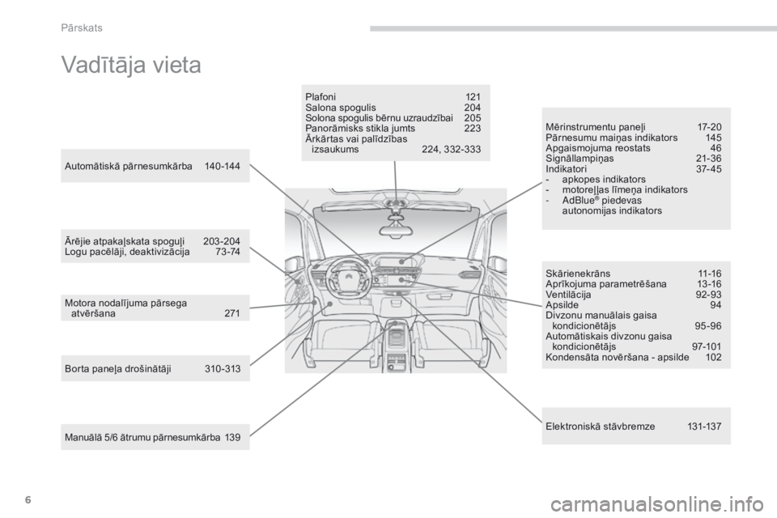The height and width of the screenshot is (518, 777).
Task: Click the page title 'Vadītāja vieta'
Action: [131, 65]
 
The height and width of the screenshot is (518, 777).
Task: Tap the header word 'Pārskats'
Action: [82, 28]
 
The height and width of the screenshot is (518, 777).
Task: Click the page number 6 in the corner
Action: [28, 500]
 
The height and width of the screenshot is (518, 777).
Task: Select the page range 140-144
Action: [222, 167]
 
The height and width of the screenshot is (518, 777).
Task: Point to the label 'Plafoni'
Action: [321, 96]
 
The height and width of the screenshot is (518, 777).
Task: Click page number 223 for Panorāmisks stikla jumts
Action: [472, 129]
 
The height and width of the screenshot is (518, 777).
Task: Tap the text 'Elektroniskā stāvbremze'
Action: [600, 427]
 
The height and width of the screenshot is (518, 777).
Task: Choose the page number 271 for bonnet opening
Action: [232, 313]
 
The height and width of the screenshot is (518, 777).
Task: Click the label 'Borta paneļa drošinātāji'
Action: [118, 369]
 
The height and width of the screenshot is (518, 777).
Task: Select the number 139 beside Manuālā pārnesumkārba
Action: [232, 437]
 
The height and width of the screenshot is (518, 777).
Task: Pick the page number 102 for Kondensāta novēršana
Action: [713, 357]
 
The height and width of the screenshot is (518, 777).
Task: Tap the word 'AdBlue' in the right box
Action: [578, 200]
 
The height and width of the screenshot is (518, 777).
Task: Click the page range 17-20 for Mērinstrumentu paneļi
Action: [709, 127]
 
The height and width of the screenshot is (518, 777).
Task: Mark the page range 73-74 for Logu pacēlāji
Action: [228, 252]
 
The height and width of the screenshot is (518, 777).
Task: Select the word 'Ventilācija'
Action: [568, 295]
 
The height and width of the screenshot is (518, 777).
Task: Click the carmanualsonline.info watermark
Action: [656, 505]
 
